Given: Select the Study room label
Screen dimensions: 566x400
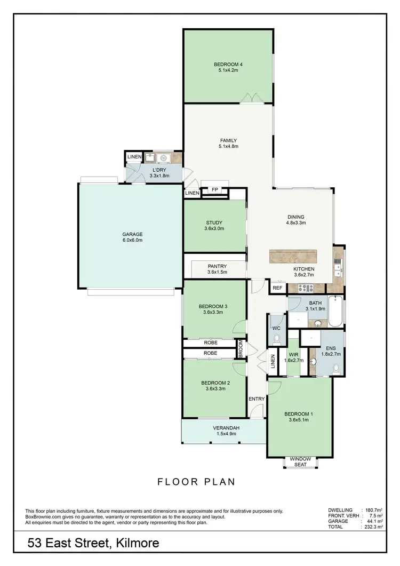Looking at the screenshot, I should click(x=214, y=226).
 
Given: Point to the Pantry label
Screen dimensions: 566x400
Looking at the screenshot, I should click(x=217, y=269).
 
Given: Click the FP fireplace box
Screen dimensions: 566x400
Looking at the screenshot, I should click(x=215, y=190).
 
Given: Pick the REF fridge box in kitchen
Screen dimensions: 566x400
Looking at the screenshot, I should click(x=277, y=288).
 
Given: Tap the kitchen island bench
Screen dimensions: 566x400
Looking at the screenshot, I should click(x=293, y=256).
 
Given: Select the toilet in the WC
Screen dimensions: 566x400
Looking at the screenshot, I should click(x=276, y=338).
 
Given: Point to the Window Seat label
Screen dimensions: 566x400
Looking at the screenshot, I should click(x=300, y=461).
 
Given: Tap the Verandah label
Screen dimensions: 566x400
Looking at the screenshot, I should click(x=223, y=431).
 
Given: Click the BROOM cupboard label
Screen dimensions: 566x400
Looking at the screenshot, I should click(x=241, y=349).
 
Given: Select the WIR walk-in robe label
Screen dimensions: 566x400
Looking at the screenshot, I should click(x=293, y=357).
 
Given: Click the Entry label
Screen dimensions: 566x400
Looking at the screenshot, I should click(x=257, y=399).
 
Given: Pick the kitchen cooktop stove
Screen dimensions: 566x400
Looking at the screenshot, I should click(x=305, y=288).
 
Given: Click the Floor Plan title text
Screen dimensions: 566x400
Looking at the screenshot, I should click(x=196, y=482).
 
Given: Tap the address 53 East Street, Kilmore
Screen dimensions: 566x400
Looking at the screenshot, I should click(x=93, y=544).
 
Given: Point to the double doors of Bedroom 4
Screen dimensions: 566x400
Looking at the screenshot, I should click(x=250, y=98).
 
